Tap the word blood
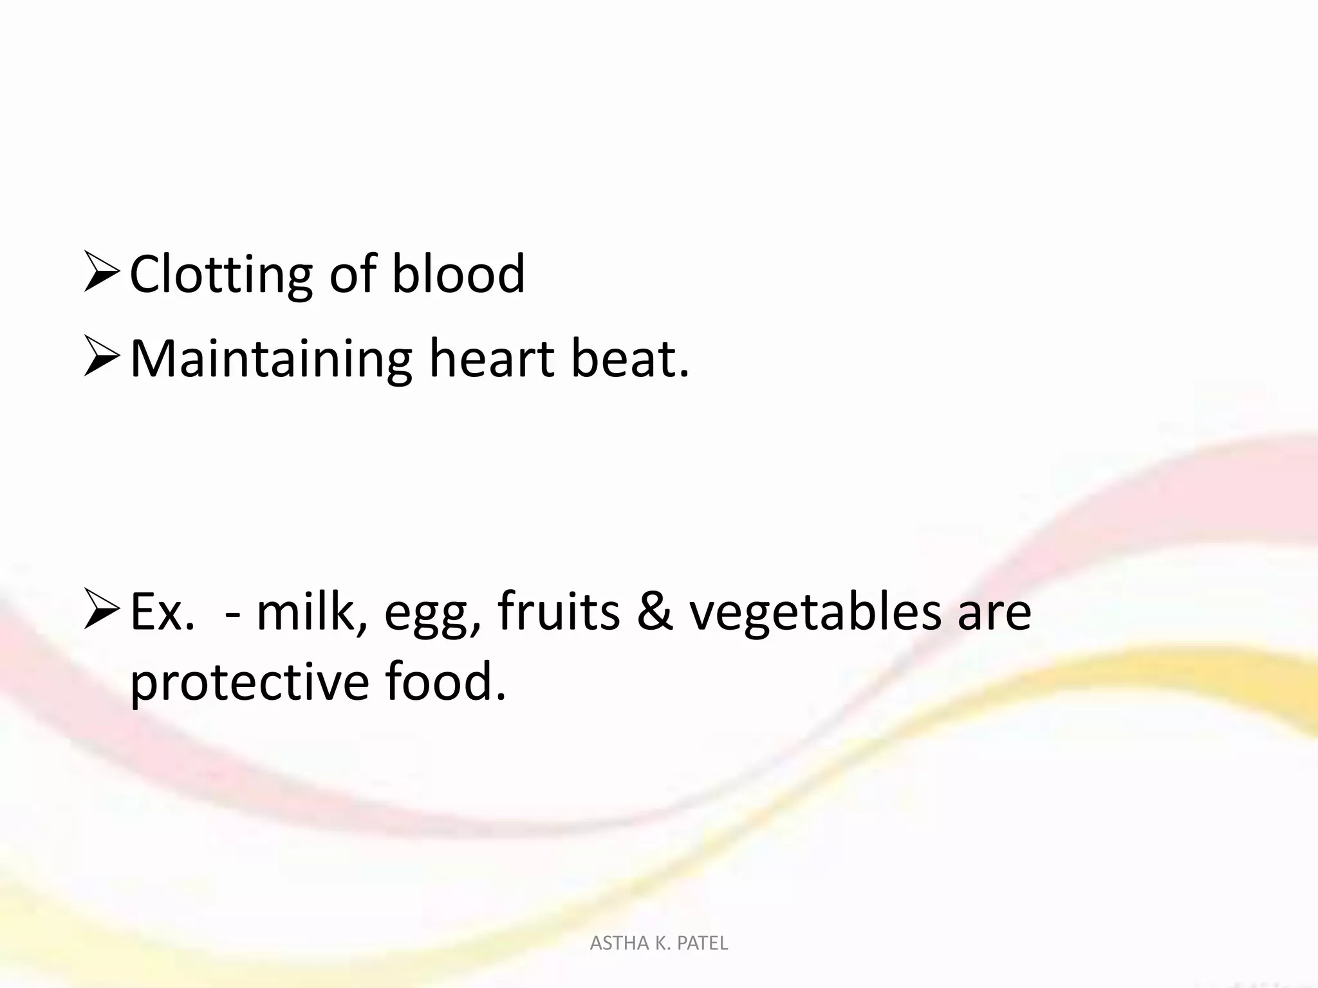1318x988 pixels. click(458, 273)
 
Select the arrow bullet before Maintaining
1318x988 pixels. click(102, 360)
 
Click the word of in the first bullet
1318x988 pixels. click(352, 273)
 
